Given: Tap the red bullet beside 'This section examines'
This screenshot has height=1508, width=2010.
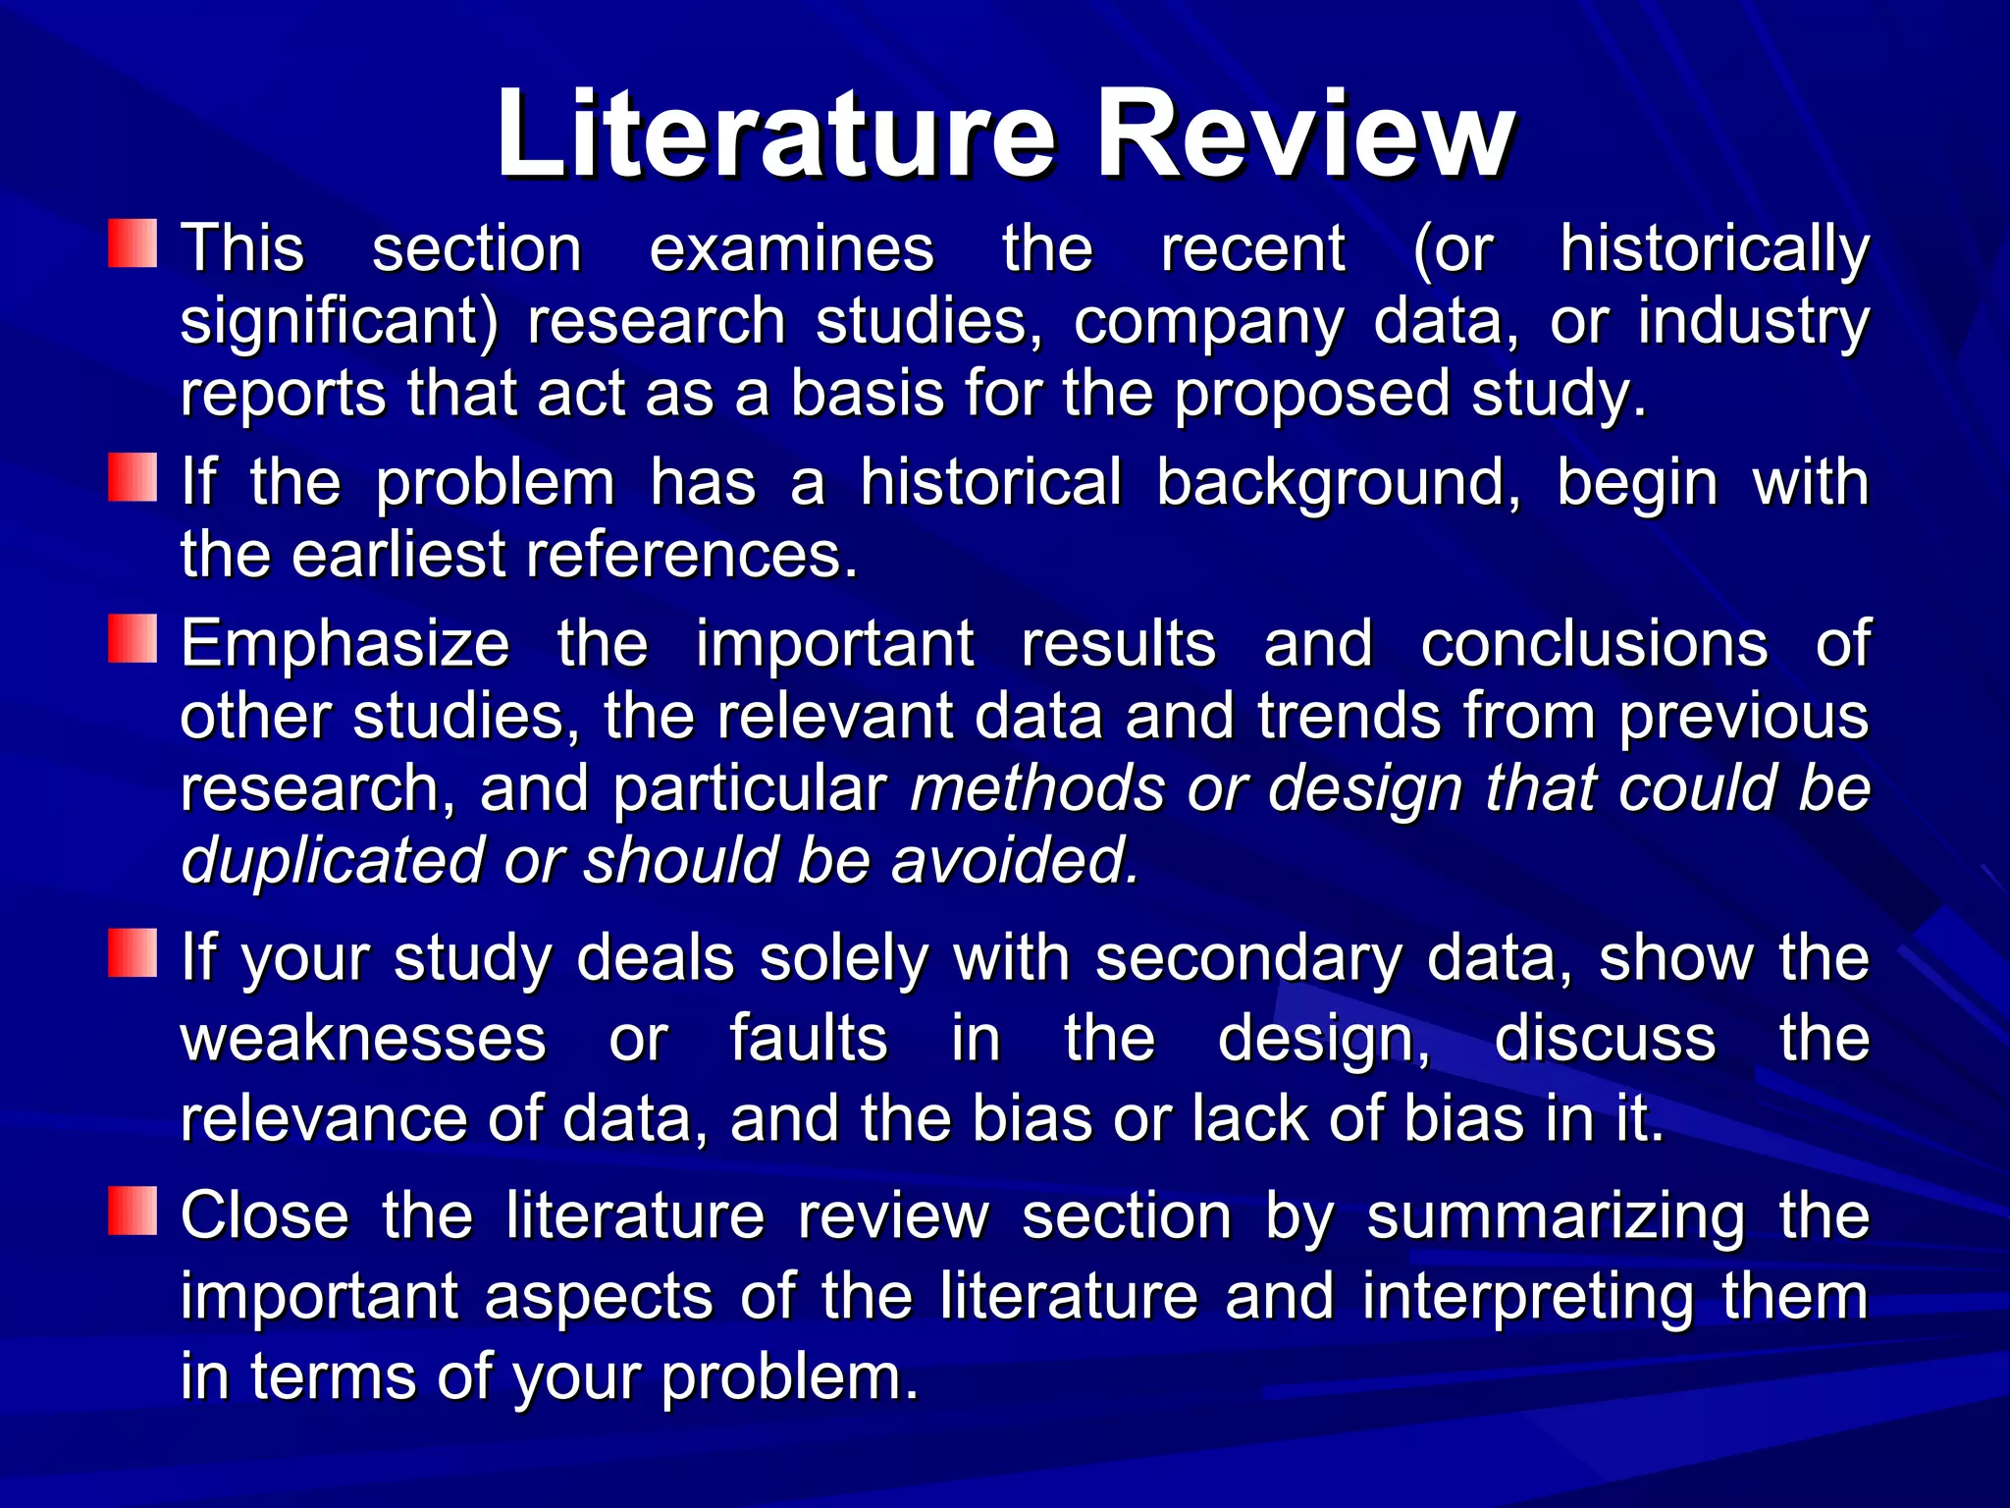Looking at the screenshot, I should tap(132, 243).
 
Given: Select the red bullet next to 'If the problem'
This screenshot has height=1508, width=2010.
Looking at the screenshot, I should tap(132, 477).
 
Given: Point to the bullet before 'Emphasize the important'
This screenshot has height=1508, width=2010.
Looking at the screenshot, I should tap(132, 638).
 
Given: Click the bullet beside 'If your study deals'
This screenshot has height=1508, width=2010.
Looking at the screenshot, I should tap(132, 953).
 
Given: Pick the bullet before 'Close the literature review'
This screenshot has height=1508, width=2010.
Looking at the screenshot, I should tap(132, 1211).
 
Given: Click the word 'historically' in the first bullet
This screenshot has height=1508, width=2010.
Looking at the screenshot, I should tap(1714, 248).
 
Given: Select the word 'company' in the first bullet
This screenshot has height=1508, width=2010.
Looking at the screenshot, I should tap(1208, 322).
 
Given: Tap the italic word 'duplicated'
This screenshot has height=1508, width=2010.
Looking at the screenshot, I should tap(332, 861).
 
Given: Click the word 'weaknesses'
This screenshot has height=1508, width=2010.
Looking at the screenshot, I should tap(363, 1039).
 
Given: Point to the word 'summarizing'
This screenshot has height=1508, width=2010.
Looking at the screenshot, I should tap(1556, 1216).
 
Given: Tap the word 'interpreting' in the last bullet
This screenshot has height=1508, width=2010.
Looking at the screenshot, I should tap(1527, 1297).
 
